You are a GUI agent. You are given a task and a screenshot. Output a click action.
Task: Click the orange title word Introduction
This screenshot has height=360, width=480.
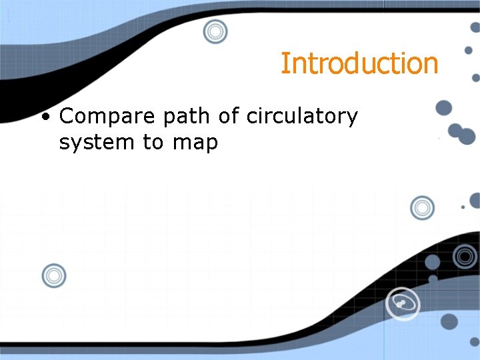(x=359, y=64)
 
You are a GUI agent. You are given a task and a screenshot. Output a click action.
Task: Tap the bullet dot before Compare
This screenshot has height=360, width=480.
(x=45, y=118)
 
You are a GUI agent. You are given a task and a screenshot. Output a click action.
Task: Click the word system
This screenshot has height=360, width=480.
(x=97, y=143)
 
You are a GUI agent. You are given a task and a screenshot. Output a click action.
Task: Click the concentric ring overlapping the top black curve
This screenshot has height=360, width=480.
(x=215, y=31)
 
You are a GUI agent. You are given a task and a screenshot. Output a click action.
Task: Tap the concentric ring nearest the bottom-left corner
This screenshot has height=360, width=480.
(x=54, y=275)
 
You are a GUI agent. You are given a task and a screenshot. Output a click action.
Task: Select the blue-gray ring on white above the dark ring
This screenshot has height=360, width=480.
(x=422, y=208)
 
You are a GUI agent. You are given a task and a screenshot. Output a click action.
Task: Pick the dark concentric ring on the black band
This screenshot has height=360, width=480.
(x=465, y=255)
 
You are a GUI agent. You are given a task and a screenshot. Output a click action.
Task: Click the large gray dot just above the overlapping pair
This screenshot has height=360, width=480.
(x=443, y=107)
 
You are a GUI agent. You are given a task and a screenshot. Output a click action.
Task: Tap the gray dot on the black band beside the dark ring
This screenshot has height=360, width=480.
(x=433, y=263)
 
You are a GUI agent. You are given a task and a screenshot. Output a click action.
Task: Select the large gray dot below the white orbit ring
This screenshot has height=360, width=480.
(x=449, y=321)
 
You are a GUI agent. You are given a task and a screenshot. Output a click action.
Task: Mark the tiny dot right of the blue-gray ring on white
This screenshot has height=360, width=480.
(x=463, y=207)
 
